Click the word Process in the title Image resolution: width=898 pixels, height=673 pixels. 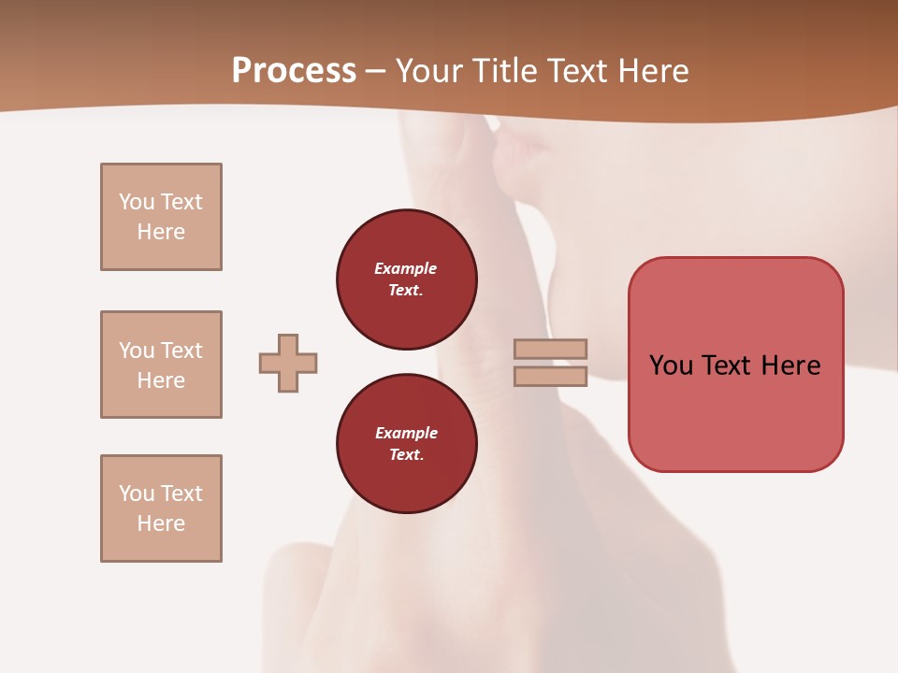pos(294,71)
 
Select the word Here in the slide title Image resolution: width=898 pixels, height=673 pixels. pos(651,71)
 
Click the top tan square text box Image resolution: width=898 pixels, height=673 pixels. pos(161,217)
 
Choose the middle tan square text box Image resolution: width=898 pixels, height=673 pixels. pos(161,365)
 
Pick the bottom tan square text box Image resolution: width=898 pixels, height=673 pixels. pos(161,508)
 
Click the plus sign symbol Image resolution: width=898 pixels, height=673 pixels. pos(288,363)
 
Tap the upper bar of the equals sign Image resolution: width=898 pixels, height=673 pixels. pos(551,349)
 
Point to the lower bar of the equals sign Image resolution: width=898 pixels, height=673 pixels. pos(551,377)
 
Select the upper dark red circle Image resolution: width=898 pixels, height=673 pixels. pos(406,279)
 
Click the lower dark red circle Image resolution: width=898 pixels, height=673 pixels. pos(406,443)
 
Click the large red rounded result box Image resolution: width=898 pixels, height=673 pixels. pos(735,365)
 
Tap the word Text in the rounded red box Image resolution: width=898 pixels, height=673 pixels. pos(731,365)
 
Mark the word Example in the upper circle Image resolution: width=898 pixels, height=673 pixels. pos(406,268)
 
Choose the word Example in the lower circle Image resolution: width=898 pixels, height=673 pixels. pos(406,433)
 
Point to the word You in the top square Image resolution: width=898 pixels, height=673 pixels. pos(136,202)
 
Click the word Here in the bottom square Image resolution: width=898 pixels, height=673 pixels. pos(161,523)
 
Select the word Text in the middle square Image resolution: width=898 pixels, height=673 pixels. pos(181,351)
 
